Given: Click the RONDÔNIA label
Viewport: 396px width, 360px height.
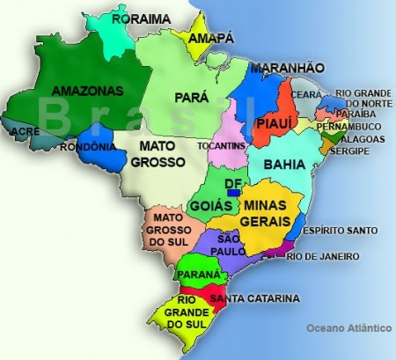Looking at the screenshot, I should [x=89, y=147].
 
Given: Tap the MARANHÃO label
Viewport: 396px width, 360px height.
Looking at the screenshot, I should [x=287, y=68].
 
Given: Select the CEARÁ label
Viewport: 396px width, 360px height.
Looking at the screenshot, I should [x=306, y=94].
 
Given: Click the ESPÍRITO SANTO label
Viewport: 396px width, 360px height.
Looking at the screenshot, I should [x=340, y=231].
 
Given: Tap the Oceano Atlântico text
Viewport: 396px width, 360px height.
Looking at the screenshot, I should [x=348, y=327].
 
